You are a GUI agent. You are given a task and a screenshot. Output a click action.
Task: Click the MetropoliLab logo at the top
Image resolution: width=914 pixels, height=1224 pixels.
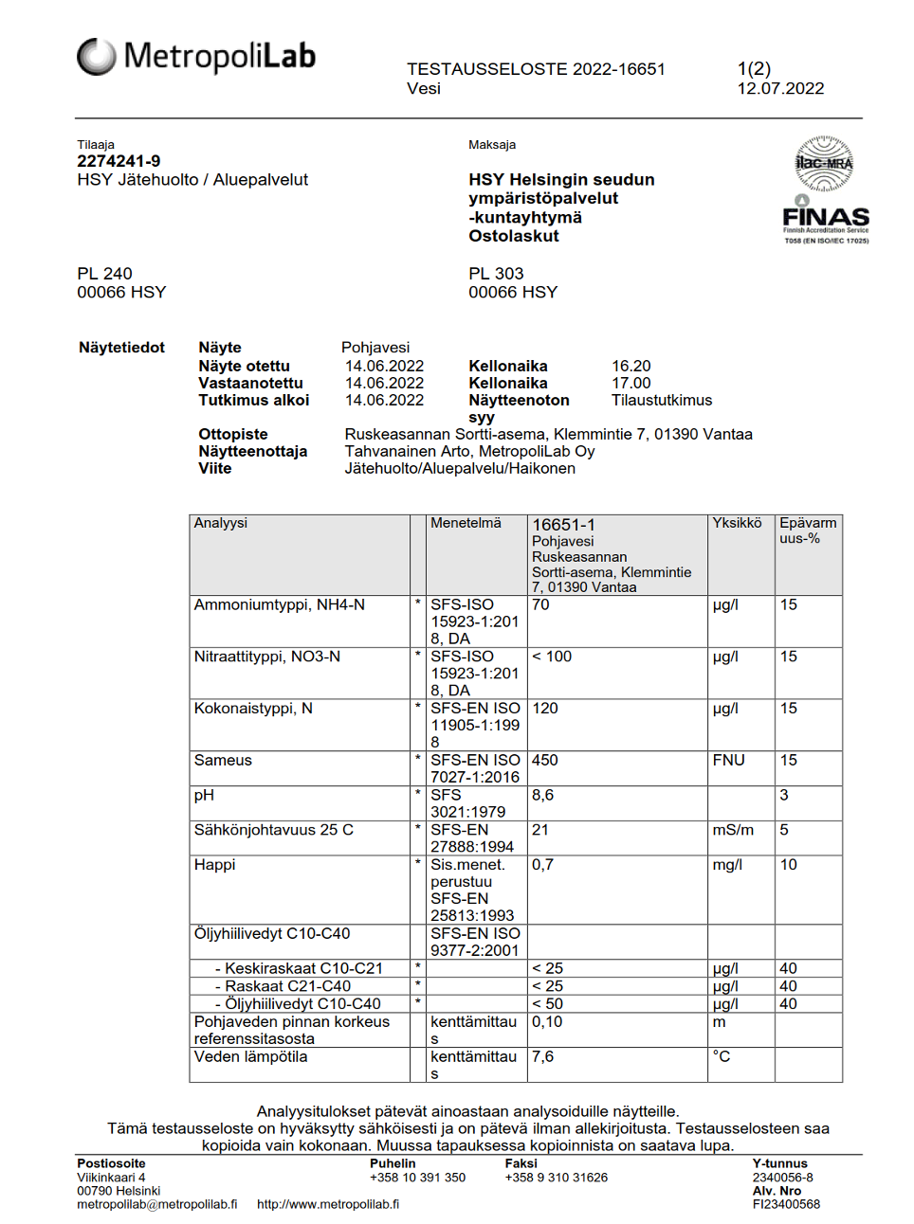point(196,57)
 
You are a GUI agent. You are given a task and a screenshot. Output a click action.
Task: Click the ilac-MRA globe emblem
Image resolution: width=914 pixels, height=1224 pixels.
point(824,163)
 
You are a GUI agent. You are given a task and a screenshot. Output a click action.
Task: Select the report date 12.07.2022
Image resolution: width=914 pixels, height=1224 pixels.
point(780,89)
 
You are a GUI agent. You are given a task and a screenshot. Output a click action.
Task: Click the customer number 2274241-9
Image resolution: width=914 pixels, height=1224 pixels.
point(119,161)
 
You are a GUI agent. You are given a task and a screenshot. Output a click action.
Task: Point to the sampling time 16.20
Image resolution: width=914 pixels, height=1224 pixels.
point(631,367)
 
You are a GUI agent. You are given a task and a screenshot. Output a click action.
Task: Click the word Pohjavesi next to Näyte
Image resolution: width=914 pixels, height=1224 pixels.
point(375,348)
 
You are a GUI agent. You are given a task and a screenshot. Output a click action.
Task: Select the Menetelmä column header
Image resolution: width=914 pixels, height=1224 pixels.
point(466,523)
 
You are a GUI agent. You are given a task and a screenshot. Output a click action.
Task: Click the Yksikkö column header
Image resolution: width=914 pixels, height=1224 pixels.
point(737,523)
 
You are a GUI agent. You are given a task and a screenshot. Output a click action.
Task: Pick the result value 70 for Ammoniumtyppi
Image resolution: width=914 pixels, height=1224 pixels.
point(540,605)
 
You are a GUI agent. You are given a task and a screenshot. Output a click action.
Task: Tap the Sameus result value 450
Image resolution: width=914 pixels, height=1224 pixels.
point(544,761)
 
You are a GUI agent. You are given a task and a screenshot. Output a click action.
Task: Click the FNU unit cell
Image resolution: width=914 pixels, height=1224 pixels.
point(728,761)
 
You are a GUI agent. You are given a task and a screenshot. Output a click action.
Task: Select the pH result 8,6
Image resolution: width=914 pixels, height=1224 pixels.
point(542,796)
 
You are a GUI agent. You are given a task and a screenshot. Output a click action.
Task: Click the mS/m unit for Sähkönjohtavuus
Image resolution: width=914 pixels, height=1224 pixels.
point(733,831)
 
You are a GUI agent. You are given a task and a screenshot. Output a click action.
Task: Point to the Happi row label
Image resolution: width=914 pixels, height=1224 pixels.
point(214,865)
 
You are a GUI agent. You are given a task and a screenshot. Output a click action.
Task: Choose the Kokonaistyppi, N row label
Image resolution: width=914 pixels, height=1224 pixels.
point(253,709)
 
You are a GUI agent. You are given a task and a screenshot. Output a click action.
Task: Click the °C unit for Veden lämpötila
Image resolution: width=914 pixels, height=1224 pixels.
point(722,1057)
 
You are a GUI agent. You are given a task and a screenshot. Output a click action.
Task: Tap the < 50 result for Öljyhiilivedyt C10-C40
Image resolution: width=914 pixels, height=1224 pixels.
point(547,1004)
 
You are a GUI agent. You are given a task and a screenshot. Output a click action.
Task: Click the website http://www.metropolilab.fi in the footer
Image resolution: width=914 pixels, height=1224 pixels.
point(328,1205)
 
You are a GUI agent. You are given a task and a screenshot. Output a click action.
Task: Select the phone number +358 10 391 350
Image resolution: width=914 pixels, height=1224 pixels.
point(417,1178)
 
